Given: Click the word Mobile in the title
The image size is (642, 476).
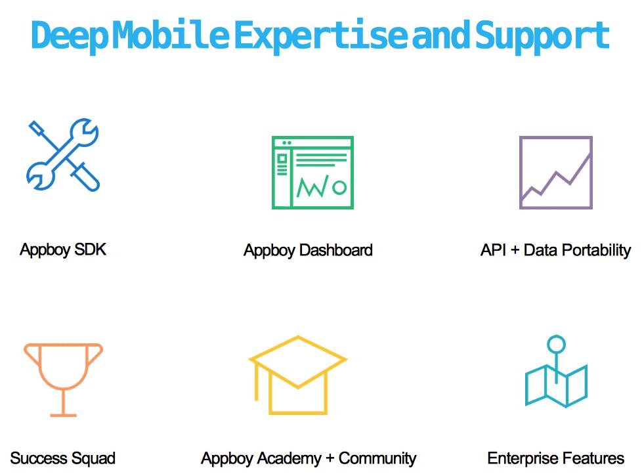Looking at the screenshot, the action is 171,35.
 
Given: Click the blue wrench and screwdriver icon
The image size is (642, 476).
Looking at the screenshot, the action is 63,155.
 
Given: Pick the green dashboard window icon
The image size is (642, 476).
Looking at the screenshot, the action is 312,173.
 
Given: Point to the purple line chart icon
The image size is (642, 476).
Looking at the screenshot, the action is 555,173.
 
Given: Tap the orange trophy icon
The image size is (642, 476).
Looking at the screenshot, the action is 64,379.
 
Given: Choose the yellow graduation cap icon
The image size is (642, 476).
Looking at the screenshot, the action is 298,375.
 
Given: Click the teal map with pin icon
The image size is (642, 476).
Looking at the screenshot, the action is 556,372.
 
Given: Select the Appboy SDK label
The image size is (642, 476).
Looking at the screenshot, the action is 63,250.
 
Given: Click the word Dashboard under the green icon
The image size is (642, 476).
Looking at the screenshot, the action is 336,250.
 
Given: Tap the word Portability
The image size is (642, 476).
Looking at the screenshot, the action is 598,250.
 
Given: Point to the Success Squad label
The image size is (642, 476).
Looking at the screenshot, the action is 62,458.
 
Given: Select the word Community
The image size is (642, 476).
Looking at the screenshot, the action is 377,458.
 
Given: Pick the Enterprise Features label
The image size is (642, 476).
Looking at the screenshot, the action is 555,458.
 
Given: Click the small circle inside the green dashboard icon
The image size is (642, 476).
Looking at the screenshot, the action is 339,187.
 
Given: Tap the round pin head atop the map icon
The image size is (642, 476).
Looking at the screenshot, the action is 556,344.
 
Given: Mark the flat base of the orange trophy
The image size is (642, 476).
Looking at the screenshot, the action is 64,416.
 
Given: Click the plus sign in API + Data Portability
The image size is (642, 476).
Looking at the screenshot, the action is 515,250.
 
